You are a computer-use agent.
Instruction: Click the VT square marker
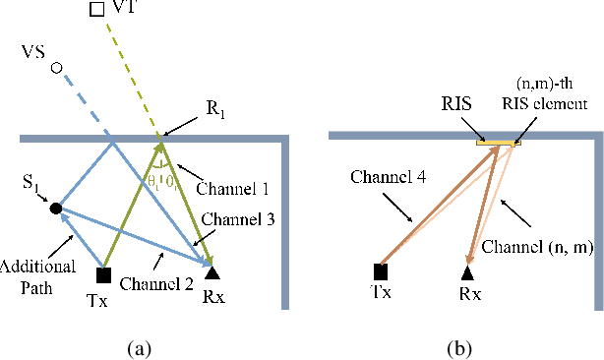click(95, 9)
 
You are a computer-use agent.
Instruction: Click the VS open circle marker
click(57, 68)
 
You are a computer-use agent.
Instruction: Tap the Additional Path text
click(34, 262)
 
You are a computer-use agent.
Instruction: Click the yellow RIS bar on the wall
click(497, 145)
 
